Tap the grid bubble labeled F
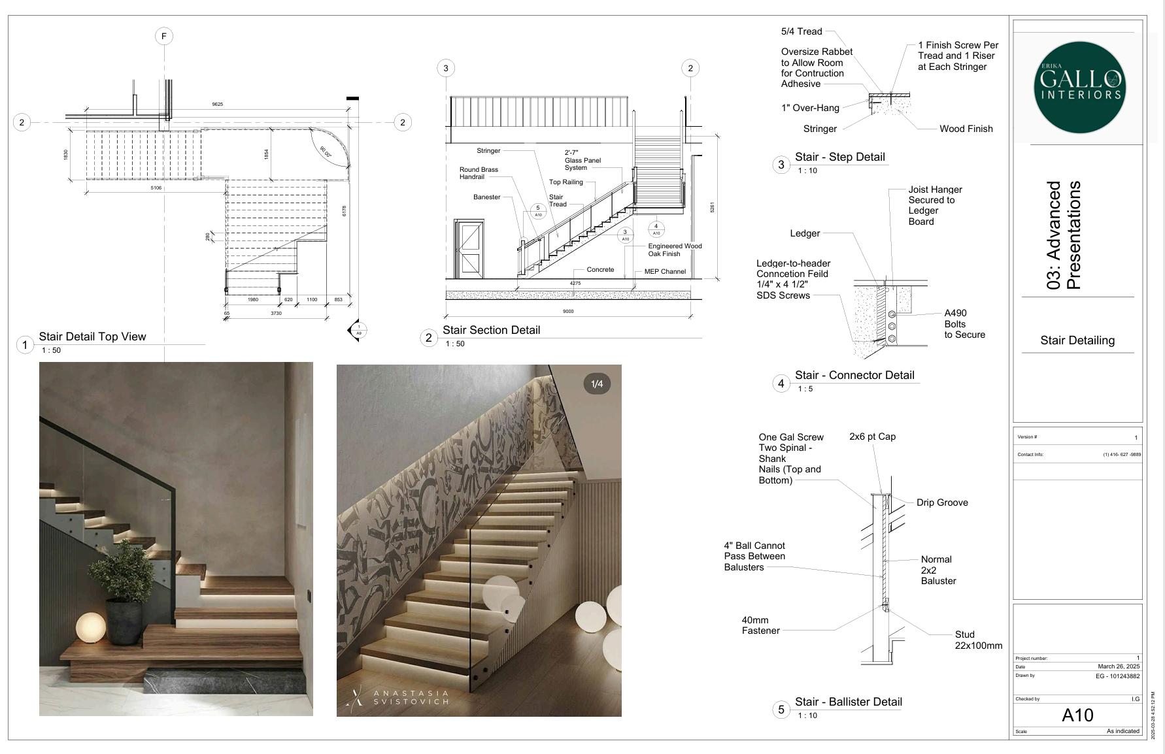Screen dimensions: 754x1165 click(164, 36)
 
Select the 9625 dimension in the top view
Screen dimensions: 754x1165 click(217, 105)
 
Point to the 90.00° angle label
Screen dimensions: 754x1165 click(326, 152)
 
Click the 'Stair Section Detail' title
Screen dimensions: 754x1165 click(491, 331)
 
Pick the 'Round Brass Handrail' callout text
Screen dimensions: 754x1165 click(479, 173)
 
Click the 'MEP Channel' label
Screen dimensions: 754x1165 click(665, 272)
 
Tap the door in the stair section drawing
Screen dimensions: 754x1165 click(469, 248)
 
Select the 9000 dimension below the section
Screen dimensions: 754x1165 click(568, 312)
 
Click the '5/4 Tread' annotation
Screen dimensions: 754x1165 click(802, 31)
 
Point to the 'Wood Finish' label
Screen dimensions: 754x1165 click(966, 129)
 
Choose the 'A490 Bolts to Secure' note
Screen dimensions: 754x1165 click(964, 324)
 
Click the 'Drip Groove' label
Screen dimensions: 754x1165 click(942, 503)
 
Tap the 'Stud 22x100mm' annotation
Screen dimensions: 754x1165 click(978, 640)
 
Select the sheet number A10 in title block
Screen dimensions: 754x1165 click(1077, 715)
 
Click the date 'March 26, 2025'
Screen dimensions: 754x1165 click(1119, 666)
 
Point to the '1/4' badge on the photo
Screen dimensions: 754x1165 click(597, 384)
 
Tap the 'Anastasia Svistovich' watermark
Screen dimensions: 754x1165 click(410, 698)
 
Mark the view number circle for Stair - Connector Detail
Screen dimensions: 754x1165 click(781, 384)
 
